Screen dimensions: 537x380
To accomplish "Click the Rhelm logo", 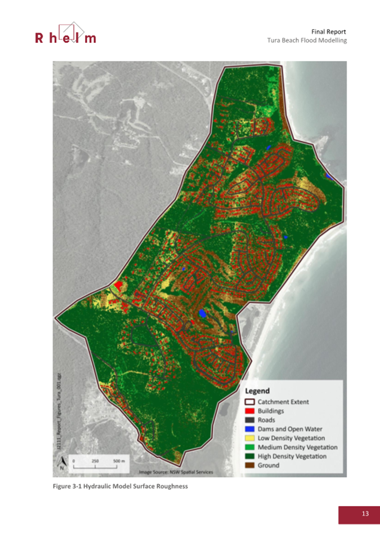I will pyautogui.click(x=65, y=33).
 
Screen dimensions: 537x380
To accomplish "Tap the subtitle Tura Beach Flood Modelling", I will pyautogui.click(x=306, y=41).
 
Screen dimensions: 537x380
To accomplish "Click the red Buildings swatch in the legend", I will pyautogui.click(x=250, y=411).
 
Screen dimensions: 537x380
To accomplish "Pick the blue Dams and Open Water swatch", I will pyautogui.click(x=250, y=429).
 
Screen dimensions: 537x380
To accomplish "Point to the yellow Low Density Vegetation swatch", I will pyautogui.click(x=250, y=438).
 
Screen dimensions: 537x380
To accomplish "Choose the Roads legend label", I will pyautogui.click(x=266, y=420).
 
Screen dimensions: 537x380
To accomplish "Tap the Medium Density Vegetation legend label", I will pyautogui.click(x=298, y=447).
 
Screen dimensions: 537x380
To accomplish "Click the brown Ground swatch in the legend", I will pyautogui.click(x=250, y=465).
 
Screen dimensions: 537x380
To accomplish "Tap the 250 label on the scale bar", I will pyautogui.click(x=95, y=460).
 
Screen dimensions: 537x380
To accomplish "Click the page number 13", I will pyautogui.click(x=359, y=514).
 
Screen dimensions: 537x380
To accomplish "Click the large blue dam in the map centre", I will pyautogui.click(x=202, y=313).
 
